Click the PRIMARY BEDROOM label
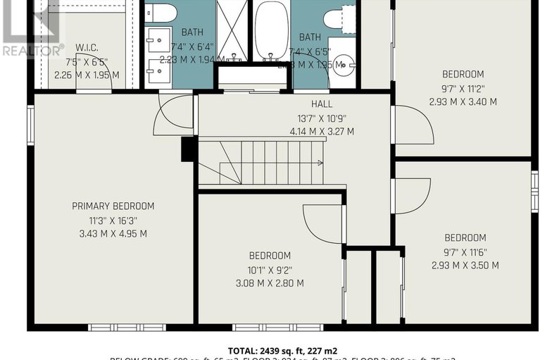tap(113, 206)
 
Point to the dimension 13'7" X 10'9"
tap(322, 118)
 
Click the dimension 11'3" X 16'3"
tap(113, 220)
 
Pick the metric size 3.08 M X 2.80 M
tap(270, 283)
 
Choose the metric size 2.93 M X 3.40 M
tap(463, 101)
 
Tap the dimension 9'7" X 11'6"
tap(465, 252)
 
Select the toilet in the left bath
tap(162, 13)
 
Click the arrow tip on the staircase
tap(321, 163)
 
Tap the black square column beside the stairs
tap(189, 149)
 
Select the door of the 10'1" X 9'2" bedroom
tap(324, 223)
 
